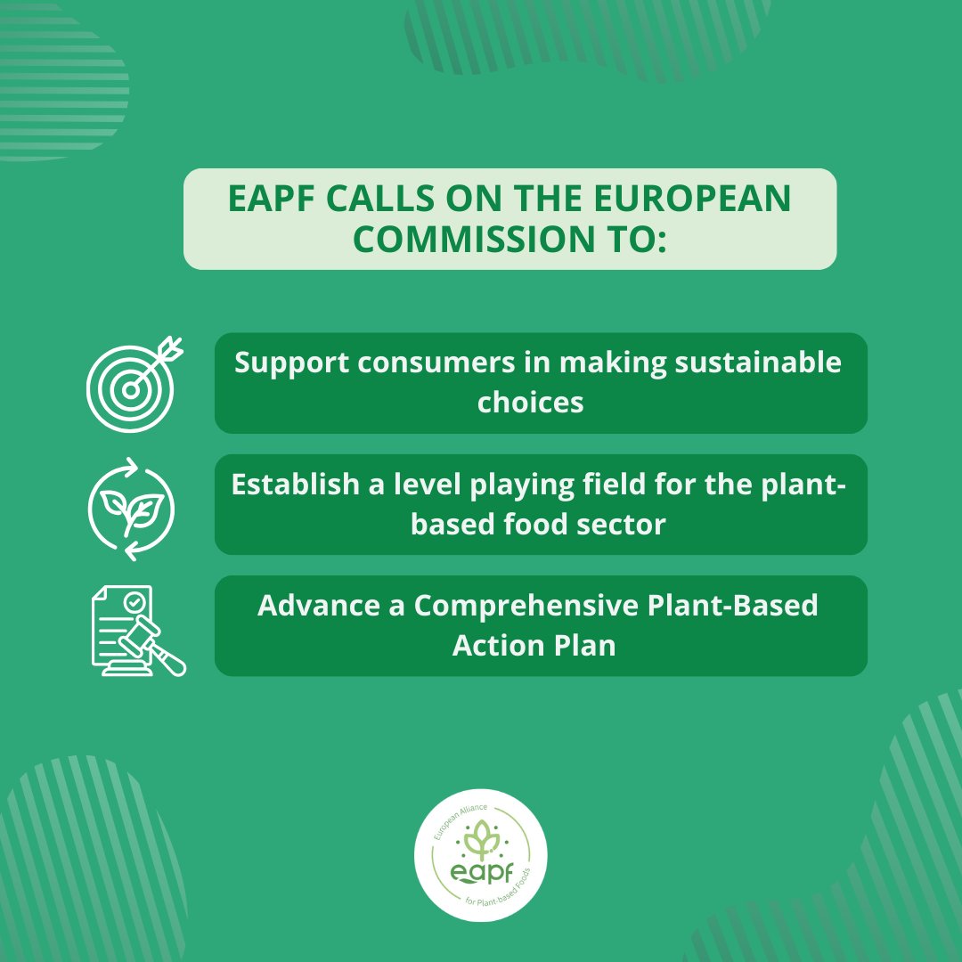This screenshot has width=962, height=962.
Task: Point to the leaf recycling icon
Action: (x=132, y=510)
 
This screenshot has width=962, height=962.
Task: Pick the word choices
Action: (x=531, y=402)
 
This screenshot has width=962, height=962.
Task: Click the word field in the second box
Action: (x=630, y=485)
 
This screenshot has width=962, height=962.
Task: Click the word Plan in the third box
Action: (x=588, y=645)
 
